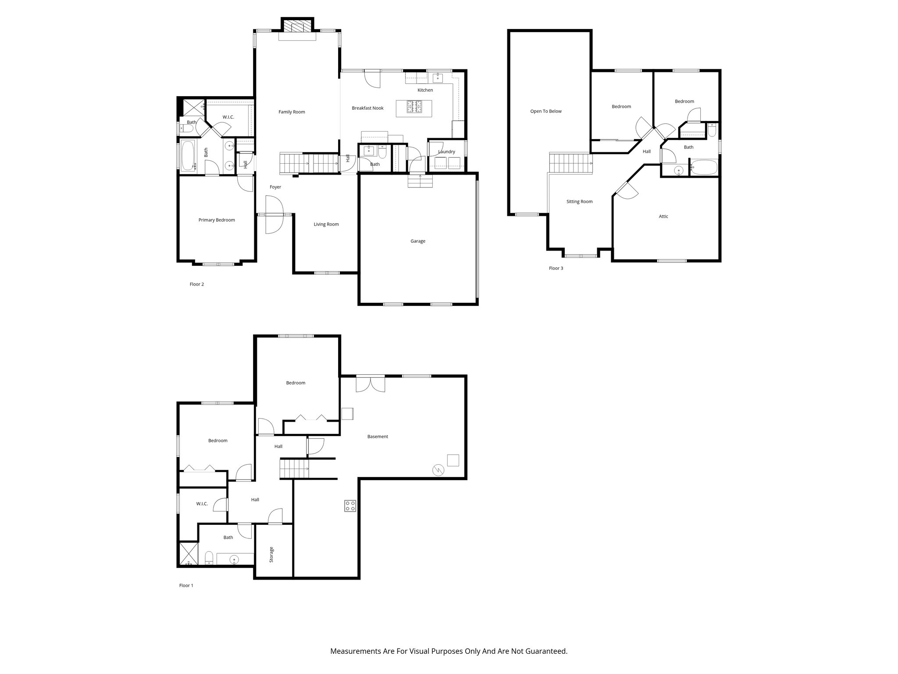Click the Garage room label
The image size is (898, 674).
pyautogui.click(x=417, y=241)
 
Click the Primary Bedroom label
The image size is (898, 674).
pyautogui.click(x=217, y=220)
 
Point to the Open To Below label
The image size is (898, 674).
pyautogui.click(x=545, y=111)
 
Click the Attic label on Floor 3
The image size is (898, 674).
pyautogui.click(x=663, y=216)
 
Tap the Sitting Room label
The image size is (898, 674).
pyautogui.click(x=579, y=201)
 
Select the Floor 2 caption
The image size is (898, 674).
pyautogui.click(x=196, y=284)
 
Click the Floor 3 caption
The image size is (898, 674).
pyautogui.click(x=556, y=268)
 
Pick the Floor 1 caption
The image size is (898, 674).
pyautogui.click(x=186, y=585)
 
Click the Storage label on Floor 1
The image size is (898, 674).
pyautogui.click(x=271, y=555)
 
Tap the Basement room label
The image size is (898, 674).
pyautogui.click(x=378, y=437)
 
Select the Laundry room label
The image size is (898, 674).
pyautogui.click(x=446, y=152)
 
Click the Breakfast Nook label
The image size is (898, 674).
pyautogui.click(x=367, y=108)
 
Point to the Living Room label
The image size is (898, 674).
pyautogui.click(x=326, y=224)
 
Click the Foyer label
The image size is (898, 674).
pyautogui.click(x=275, y=187)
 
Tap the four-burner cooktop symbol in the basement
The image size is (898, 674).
pyautogui.click(x=350, y=505)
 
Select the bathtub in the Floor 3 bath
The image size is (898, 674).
pyautogui.click(x=704, y=167)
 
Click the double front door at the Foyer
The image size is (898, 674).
pyautogui.click(x=275, y=215)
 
